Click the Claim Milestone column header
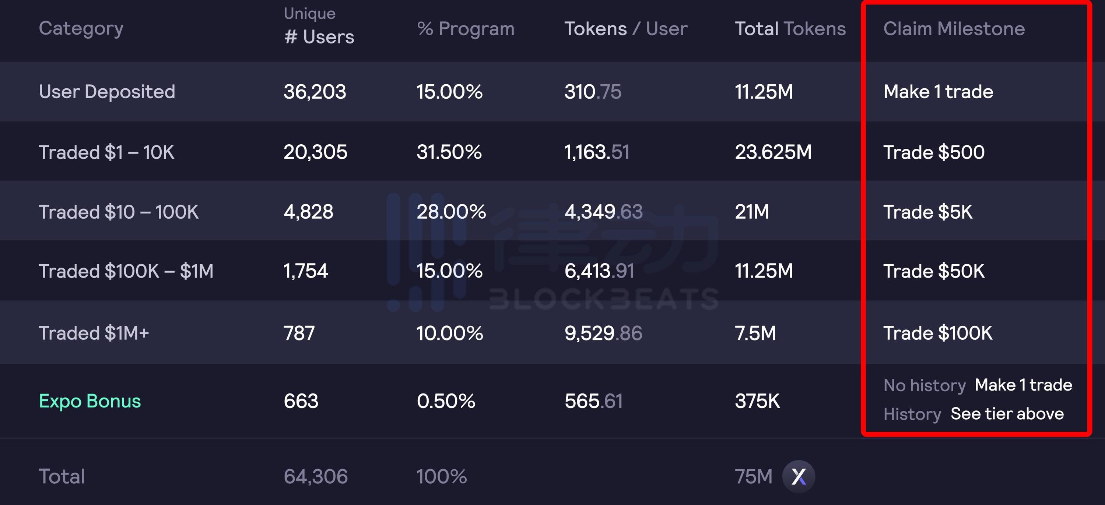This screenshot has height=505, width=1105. (x=954, y=29)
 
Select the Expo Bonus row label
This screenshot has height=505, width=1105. (x=90, y=401)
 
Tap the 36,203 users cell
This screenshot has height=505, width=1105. (x=315, y=92)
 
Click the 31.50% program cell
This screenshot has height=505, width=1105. (x=449, y=152)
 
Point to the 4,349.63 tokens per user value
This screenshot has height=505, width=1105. (x=603, y=212)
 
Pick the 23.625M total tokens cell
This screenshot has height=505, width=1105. (x=773, y=152)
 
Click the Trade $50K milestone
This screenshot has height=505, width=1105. (x=933, y=271)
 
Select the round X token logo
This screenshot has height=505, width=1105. (x=798, y=476)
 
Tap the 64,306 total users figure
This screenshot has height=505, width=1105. (x=315, y=477)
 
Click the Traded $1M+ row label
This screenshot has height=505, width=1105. (x=94, y=333)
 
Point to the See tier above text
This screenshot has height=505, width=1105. (x=1007, y=414)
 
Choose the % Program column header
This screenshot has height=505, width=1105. (x=466, y=29)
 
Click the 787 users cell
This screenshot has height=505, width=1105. (x=299, y=333)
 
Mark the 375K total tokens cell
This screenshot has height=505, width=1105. (x=757, y=401)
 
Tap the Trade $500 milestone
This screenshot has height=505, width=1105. (x=933, y=152)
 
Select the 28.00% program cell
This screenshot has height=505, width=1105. (x=451, y=212)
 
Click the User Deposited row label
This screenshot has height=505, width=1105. (x=107, y=92)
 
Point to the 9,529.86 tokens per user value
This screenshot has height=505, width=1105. (x=603, y=333)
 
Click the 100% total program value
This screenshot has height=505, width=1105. (x=441, y=477)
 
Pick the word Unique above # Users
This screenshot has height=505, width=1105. (x=309, y=14)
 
